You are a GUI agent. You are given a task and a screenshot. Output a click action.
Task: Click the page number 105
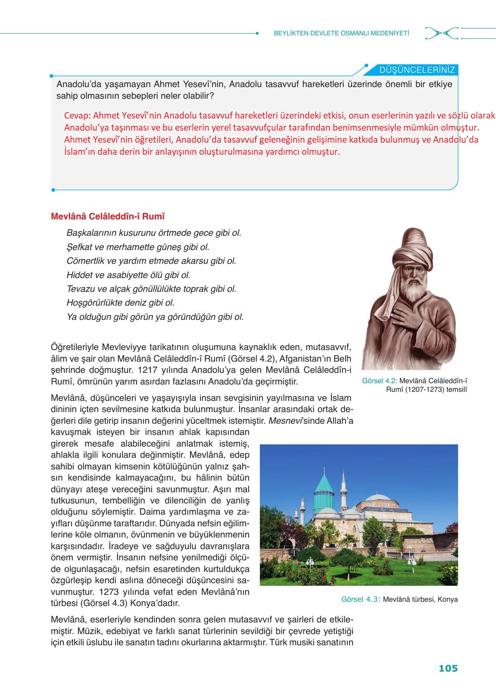(x=448, y=669)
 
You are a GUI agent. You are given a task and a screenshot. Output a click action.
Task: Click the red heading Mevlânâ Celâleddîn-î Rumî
(x=108, y=216)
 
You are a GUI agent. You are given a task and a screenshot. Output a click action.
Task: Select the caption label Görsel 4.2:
(x=380, y=381)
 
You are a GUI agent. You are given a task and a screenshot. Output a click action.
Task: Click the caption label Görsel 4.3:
(x=360, y=600)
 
